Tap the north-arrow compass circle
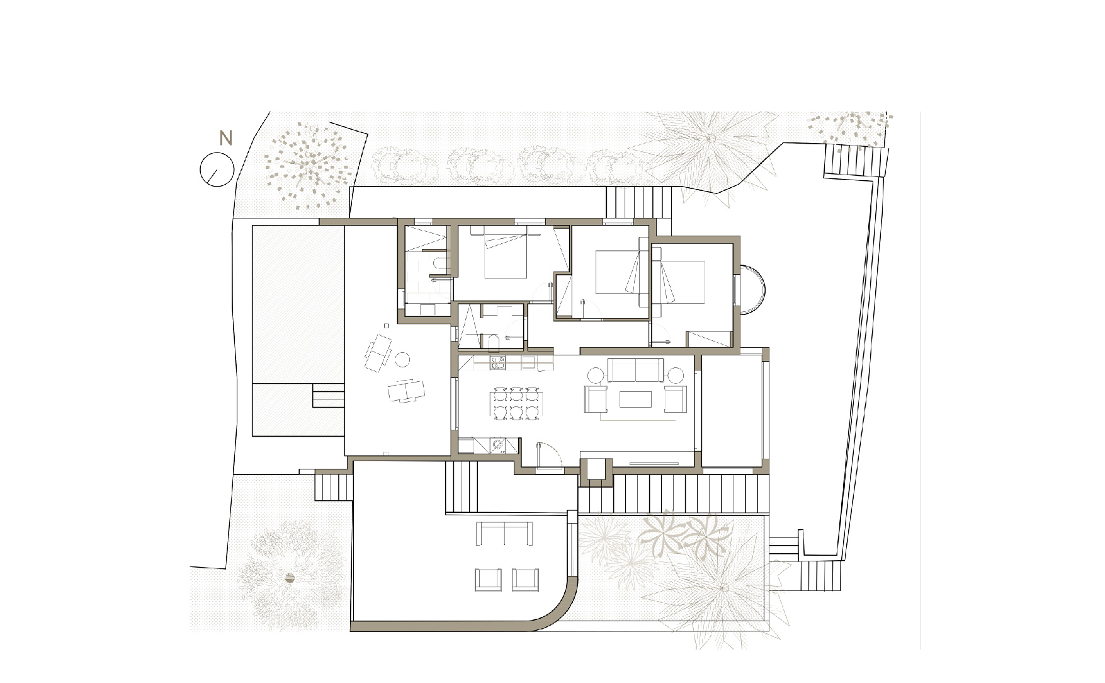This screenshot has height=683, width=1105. pyautogui.click(x=217, y=169)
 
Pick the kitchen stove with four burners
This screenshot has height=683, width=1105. pyautogui.click(x=498, y=362)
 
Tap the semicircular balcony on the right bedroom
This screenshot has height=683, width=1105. pyautogui.click(x=754, y=290)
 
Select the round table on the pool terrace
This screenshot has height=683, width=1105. pyautogui.click(x=402, y=360)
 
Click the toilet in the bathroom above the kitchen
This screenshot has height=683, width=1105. pyautogui.click(x=494, y=342)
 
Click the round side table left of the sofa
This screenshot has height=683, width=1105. pyautogui.click(x=596, y=376)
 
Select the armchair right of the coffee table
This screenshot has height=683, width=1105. pyautogui.click(x=674, y=399)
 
